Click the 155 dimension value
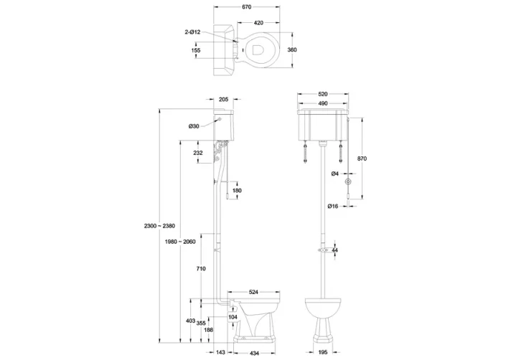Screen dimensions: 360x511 point(196,51)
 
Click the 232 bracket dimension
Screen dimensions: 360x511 point(198,153)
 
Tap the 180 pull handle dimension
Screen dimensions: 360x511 point(237,190)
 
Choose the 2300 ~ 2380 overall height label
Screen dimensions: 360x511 point(159,227)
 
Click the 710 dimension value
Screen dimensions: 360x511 point(202,268)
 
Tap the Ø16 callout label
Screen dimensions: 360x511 point(334,207)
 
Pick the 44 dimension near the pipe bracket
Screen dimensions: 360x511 point(334,250)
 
